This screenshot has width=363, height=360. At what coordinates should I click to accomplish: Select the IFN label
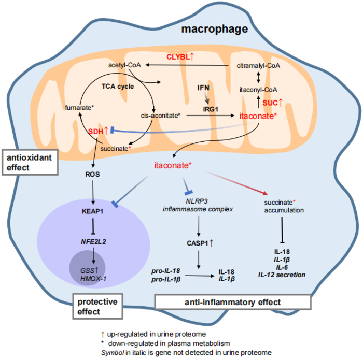[203, 88]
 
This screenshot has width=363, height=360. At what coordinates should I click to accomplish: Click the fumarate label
[79, 107]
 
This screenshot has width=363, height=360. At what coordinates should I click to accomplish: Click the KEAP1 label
[93, 211]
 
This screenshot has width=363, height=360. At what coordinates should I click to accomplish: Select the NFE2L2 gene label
[94, 240]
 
